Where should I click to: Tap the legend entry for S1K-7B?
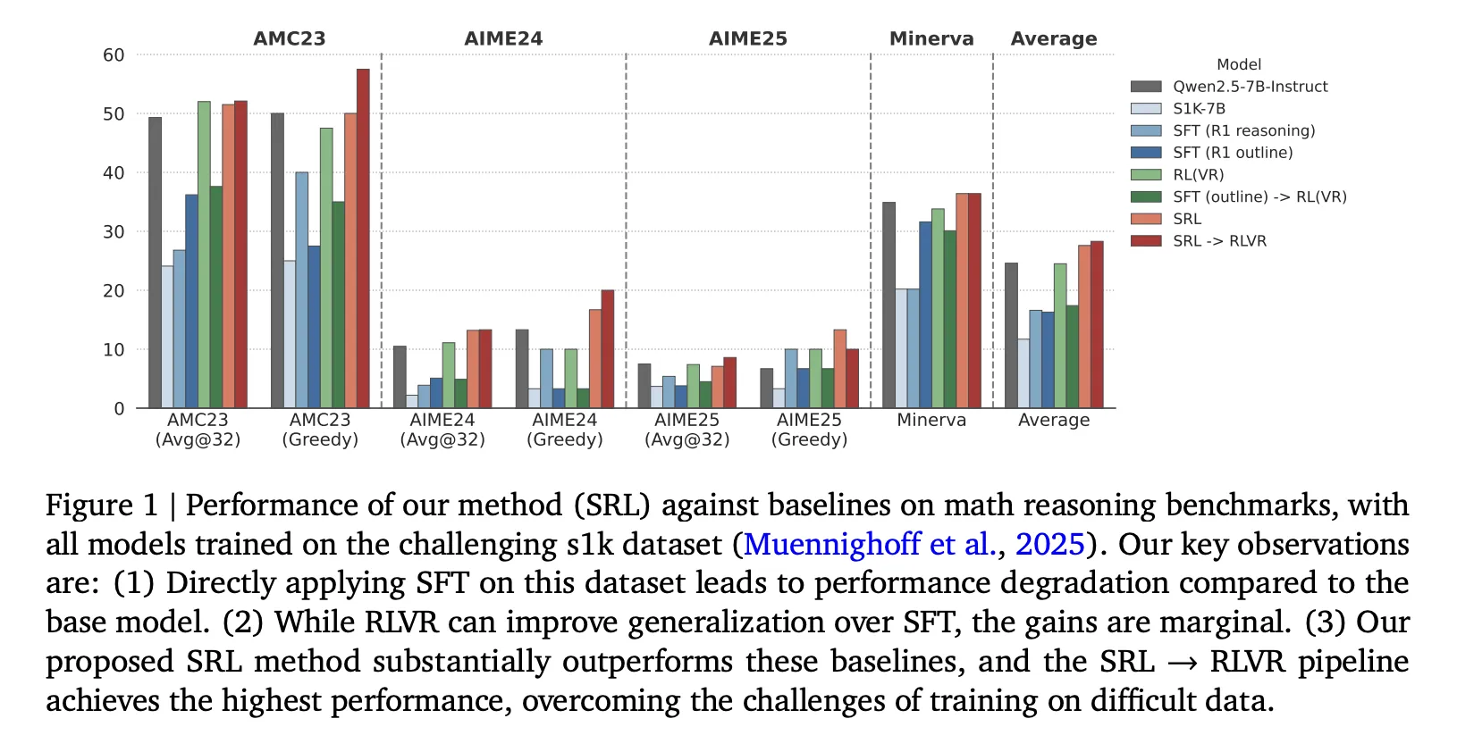[x=1199, y=108]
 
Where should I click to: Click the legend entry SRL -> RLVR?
[x=1219, y=241]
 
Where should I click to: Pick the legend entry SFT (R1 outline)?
[x=1233, y=153]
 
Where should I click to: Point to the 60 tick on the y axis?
[x=114, y=55]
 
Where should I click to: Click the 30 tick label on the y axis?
[x=114, y=232]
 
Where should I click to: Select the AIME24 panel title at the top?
[x=503, y=39]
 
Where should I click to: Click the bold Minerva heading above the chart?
[x=931, y=39]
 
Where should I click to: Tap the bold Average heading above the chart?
[x=1054, y=39]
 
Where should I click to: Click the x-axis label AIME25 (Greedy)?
[x=809, y=430]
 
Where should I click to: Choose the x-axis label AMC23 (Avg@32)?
[x=198, y=430]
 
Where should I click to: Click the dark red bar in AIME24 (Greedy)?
[x=608, y=349]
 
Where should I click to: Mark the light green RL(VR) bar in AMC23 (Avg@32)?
[x=204, y=255]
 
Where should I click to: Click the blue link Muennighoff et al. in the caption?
[x=869, y=544]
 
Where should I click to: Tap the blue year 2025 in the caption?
[x=1050, y=544]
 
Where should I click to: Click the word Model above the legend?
[x=1239, y=65]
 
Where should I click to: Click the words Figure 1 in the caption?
[x=102, y=506]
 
